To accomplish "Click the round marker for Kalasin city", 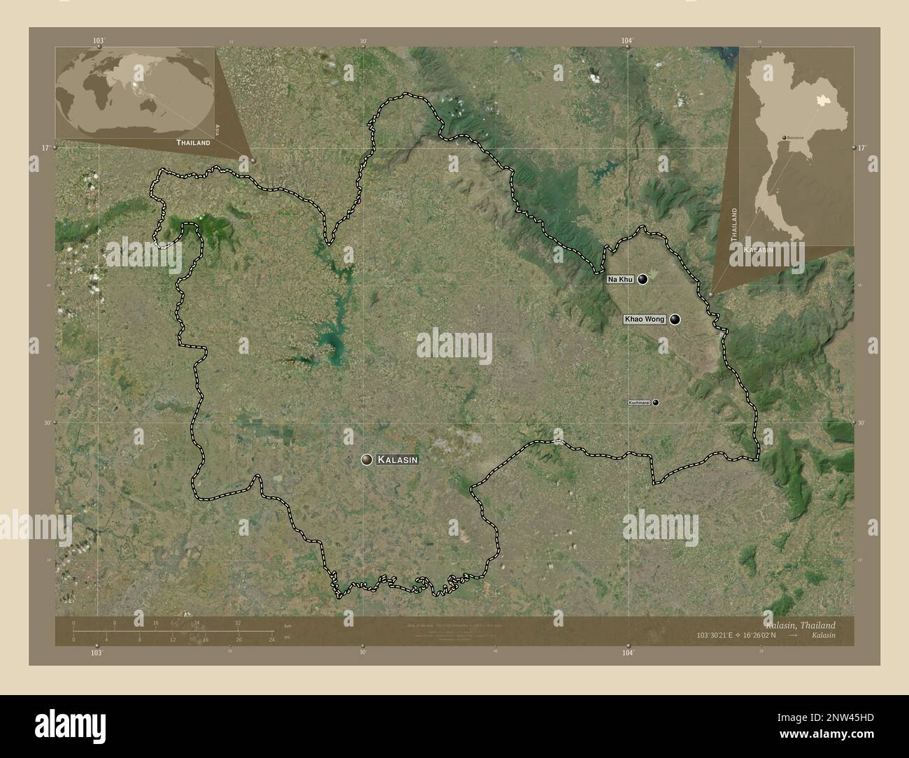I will coord(366,459).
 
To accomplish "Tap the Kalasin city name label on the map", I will coord(398,459).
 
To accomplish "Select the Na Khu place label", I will coord(620,280).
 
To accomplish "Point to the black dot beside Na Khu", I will coord(642,279).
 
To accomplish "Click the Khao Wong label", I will coord(644,320).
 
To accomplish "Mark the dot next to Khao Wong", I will coord(675,320).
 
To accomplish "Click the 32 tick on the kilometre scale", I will coord(238,622).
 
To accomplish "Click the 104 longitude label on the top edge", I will coord(627,41).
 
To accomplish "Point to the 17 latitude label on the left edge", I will coord(45,148).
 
